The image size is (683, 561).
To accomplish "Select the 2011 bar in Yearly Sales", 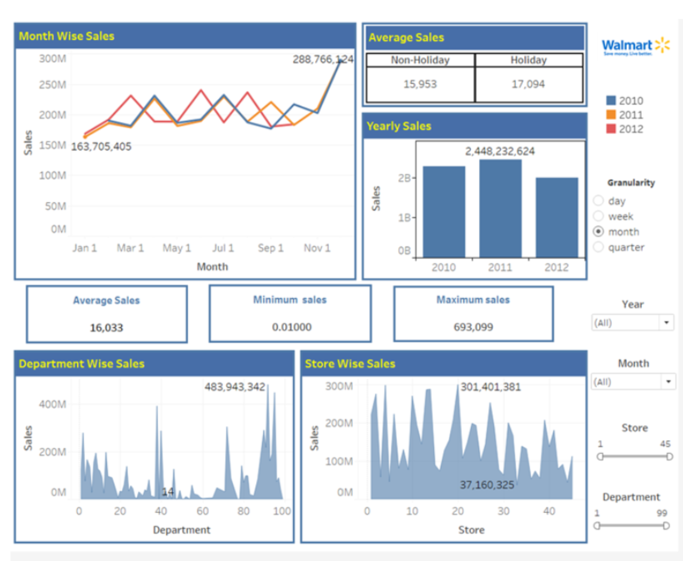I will [x=500, y=208].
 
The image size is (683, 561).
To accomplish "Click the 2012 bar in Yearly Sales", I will [x=556, y=217].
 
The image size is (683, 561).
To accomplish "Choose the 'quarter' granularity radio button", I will [x=599, y=247].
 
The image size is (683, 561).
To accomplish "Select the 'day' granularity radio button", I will [x=599, y=201].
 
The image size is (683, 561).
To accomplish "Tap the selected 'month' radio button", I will [x=599, y=232].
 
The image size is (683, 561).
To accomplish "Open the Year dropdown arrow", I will [x=666, y=323].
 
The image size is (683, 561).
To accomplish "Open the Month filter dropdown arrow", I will [x=668, y=382].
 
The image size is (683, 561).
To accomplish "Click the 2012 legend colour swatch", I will [x=611, y=129].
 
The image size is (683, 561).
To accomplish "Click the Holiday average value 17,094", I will [x=528, y=84].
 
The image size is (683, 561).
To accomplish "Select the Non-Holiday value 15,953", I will [x=420, y=84].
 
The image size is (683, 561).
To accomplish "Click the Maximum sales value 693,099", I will [x=473, y=327].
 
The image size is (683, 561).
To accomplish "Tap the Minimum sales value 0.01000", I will [x=291, y=327].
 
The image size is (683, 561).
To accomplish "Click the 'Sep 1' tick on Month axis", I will [x=270, y=248].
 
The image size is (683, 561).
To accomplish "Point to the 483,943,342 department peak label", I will [x=235, y=387].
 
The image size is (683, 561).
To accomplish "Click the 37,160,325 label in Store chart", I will [x=487, y=485].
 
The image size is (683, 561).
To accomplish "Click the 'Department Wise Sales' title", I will [x=82, y=364].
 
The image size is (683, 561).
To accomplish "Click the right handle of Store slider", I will [x=669, y=456].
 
